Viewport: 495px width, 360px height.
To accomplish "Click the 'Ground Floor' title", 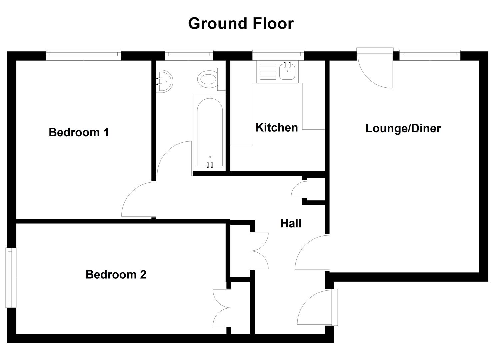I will (241, 23).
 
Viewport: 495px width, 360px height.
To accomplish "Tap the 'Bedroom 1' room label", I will (79, 132).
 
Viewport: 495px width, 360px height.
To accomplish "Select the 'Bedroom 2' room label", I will (116, 274).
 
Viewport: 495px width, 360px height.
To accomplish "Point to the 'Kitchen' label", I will (277, 127).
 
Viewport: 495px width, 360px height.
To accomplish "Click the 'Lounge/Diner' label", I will (403, 128).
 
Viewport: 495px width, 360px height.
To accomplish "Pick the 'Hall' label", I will (291, 223).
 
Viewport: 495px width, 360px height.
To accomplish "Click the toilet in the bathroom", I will (208, 79).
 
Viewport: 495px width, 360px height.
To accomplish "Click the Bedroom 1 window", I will (83, 55).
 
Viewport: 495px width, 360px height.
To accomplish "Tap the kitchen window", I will (278, 55).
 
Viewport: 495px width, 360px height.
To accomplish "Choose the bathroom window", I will (189, 55).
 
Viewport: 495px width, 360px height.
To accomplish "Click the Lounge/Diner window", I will (430, 55).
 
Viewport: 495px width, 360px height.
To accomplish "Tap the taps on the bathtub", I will (210, 164).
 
